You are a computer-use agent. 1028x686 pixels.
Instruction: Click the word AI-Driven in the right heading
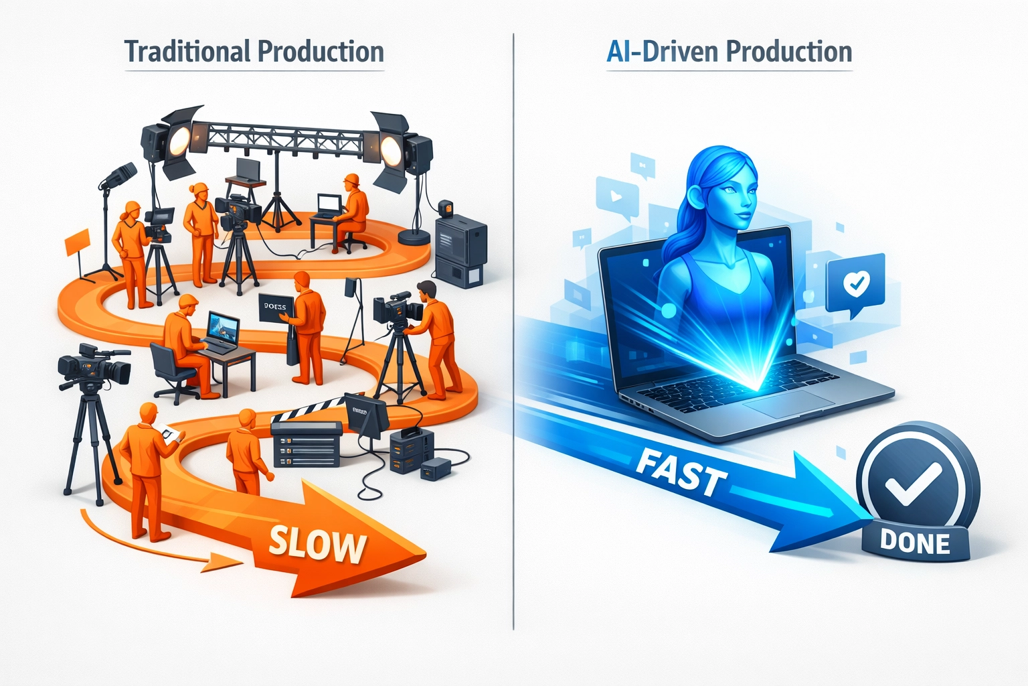[x=662, y=52]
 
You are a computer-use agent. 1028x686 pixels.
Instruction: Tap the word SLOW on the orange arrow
[x=318, y=544]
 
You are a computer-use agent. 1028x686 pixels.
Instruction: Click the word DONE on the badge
[x=915, y=542]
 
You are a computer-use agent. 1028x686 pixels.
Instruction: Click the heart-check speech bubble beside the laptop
[x=855, y=284]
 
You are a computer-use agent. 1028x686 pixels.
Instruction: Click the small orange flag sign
[x=76, y=242]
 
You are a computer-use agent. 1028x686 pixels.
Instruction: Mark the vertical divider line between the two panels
[x=513, y=335]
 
